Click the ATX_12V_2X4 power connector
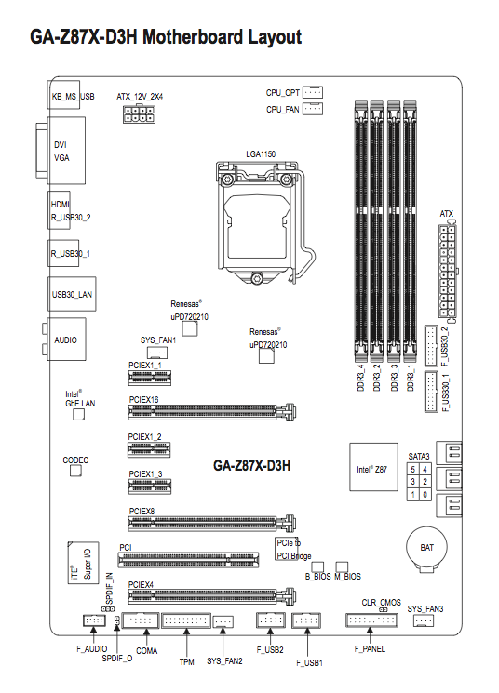click(139, 113)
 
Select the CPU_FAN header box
click(313, 108)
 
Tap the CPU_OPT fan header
click(313, 92)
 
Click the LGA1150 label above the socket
click(261, 153)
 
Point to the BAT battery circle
click(427, 547)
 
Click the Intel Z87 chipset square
click(373, 467)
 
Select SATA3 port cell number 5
click(412, 469)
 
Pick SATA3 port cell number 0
click(425, 494)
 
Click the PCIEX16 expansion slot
click(212, 412)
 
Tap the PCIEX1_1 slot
click(150, 378)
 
